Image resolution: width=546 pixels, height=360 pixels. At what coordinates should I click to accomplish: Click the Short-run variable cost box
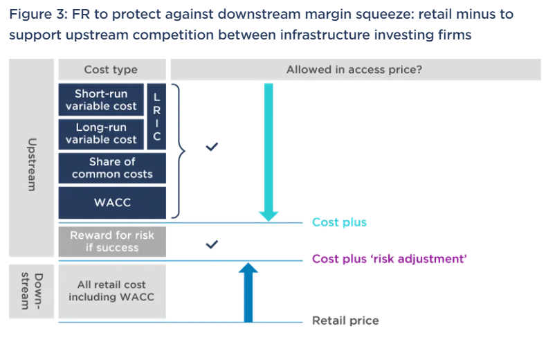(x=101, y=100)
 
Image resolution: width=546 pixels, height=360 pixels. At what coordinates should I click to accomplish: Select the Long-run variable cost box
(x=101, y=134)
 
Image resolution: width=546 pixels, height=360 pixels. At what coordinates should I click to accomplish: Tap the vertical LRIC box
(x=156, y=117)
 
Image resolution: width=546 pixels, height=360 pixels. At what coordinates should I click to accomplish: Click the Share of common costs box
(x=112, y=168)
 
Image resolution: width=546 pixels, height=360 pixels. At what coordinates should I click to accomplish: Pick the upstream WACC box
(x=112, y=202)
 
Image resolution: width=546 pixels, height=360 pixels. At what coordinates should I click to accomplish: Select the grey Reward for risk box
(x=112, y=242)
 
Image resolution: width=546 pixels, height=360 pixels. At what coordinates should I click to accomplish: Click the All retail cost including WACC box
(x=111, y=291)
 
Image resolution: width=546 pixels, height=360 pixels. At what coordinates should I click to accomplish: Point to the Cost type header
(x=111, y=69)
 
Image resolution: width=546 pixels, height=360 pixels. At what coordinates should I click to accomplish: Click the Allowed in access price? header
(x=354, y=69)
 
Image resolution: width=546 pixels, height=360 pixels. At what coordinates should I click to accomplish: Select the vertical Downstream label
(x=32, y=291)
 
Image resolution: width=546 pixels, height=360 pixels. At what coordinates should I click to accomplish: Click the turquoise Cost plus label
(x=339, y=222)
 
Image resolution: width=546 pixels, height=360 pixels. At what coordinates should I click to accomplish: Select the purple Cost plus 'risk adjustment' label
(x=390, y=259)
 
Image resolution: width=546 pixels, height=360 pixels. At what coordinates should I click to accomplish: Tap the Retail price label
(x=345, y=321)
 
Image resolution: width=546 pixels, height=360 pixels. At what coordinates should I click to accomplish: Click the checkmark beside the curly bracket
(x=212, y=147)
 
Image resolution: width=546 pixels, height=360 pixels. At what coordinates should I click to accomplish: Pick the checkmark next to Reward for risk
(x=212, y=244)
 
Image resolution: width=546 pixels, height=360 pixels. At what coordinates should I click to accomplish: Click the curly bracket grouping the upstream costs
(x=179, y=149)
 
